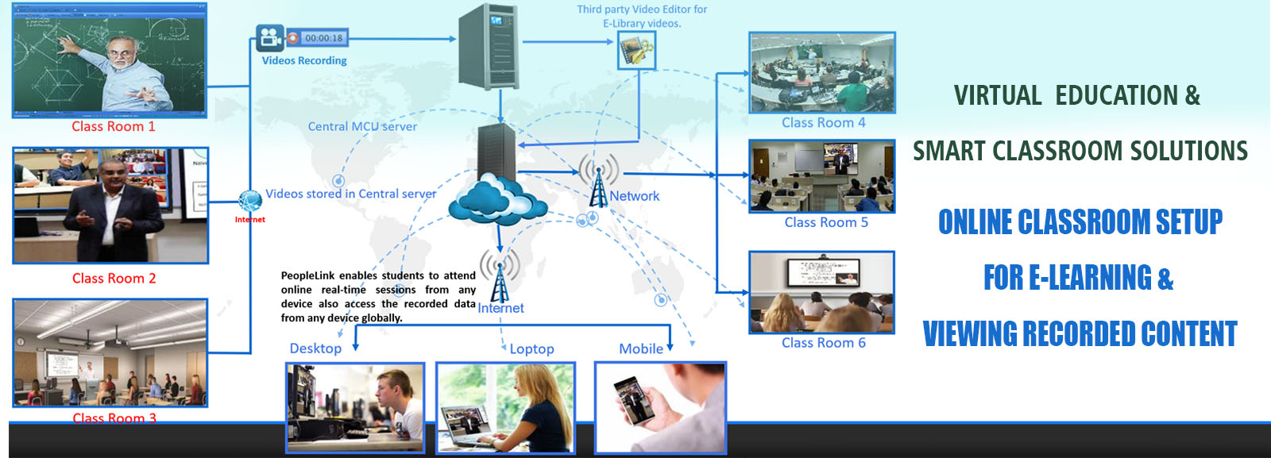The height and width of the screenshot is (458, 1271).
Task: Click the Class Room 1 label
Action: (x=113, y=127)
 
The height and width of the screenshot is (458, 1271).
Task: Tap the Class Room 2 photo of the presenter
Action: (x=110, y=206)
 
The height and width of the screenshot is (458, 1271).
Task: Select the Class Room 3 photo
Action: (x=110, y=353)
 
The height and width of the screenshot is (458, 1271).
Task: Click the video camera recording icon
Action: (x=270, y=37)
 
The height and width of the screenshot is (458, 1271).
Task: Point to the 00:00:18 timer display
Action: (x=323, y=38)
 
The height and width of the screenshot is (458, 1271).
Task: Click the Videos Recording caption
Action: (x=304, y=61)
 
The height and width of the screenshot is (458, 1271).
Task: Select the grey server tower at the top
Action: (x=489, y=46)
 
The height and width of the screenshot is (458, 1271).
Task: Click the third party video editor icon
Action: (x=636, y=51)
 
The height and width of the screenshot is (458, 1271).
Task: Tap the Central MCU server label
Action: (x=362, y=126)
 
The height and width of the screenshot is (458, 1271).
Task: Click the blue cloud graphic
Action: (x=498, y=201)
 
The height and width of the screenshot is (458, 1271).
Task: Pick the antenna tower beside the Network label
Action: (x=598, y=181)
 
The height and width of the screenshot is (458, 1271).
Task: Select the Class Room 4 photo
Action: (x=822, y=73)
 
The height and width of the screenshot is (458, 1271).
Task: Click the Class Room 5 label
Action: (x=826, y=223)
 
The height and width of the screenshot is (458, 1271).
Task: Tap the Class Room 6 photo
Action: (x=821, y=292)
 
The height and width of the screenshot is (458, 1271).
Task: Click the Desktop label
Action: (x=315, y=348)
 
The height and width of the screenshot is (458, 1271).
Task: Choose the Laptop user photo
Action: (x=505, y=408)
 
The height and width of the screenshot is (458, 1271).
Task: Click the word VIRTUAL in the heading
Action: (x=997, y=96)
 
